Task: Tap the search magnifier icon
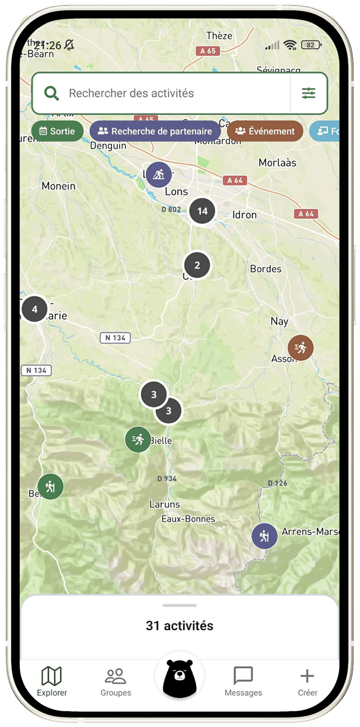(52, 93)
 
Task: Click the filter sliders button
(308, 93)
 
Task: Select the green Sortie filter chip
(57, 131)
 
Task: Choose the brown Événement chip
(265, 131)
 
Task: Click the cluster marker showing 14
(202, 211)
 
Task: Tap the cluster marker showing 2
(197, 265)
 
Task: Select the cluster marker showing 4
(35, 309)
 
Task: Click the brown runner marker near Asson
(300, 348)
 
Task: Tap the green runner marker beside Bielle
(138, 439)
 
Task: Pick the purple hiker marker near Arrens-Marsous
(264, 536)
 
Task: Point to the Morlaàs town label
(277, 162)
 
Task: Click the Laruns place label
(165, 504)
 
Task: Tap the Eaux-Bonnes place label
(188, 519)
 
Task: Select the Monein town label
(58, 186)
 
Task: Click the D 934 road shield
(167, 478)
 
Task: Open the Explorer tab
(52, 681)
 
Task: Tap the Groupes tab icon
(116, 676)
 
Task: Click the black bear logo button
(179, 678)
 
